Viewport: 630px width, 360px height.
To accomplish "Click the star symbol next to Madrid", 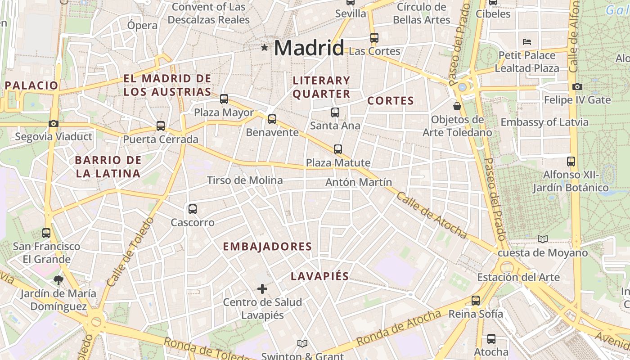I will click(265, 47).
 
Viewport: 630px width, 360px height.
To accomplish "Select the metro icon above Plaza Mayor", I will click(224, 99).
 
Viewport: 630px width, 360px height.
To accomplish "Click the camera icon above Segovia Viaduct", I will click(54, 123).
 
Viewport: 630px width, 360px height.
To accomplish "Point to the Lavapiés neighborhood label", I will click(319, 276).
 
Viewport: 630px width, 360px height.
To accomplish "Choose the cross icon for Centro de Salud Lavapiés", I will click(262, 288).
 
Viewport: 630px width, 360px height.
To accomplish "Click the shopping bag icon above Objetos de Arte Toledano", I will click(457, 106).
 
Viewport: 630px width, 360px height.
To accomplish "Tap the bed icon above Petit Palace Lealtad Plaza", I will click(527, 42).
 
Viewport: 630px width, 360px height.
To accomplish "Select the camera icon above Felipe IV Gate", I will click(577, 86).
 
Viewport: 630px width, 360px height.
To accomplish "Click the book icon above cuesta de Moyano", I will click(543, 239).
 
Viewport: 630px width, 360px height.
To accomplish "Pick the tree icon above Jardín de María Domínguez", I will click(58, 280).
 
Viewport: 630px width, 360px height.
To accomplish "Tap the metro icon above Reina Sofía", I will click(476, 300).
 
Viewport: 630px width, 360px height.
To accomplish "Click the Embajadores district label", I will click(267, 247).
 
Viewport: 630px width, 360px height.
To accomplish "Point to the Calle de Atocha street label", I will click(432, 216).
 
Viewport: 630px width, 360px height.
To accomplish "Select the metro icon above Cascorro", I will click(193, 209).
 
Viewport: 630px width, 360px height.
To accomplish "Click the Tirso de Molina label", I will click(245, 180).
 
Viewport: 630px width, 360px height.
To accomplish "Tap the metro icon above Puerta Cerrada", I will click(161, 126).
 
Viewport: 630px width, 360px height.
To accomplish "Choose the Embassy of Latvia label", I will click(544, 122).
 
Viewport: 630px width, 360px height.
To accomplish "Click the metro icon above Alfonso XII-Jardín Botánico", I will click(571, 161).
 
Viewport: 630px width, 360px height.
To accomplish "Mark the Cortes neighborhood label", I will click(390, 101).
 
